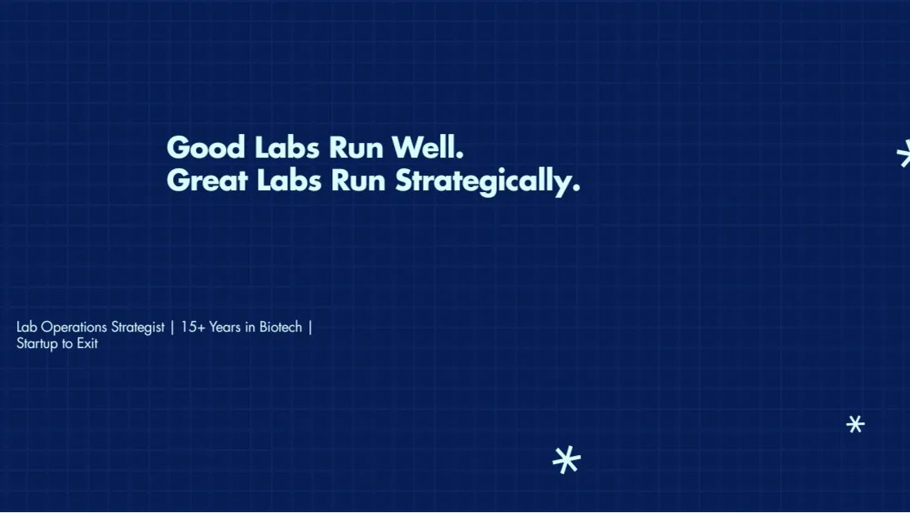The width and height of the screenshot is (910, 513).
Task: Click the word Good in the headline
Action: click(x=206, y=148)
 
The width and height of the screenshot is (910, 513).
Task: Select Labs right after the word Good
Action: click(x=288, y=147)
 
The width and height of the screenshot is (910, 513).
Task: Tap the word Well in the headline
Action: click(x=428, y=147)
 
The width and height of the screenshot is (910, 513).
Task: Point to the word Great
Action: click(x=207, y=181)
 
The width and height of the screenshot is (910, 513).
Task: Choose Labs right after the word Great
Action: click(x=289, y=180)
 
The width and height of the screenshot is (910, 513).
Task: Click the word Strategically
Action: click(x=487, y=182)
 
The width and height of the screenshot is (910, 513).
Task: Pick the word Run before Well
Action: click(x=357, y=148)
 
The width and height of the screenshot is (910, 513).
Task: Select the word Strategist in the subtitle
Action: click(x=138, y=328)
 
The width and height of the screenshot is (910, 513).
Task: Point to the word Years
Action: click(x=224, y=327)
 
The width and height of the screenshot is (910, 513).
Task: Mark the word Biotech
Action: click(x=281, y=327)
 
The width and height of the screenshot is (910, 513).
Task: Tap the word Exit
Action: click(x=87, y=343)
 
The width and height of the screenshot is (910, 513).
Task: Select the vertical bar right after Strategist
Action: click(x=172, y=328)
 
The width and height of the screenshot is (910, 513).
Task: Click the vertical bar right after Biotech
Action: click(x=310, y=328)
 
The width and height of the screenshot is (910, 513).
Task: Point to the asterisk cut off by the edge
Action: click(x=903, y=154)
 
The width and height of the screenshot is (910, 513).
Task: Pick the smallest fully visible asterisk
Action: click(x=855, y=424)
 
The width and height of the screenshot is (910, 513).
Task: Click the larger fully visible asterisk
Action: click(x=566, y=460)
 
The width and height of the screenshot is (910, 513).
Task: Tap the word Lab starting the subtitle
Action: click(x=27, y=327)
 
